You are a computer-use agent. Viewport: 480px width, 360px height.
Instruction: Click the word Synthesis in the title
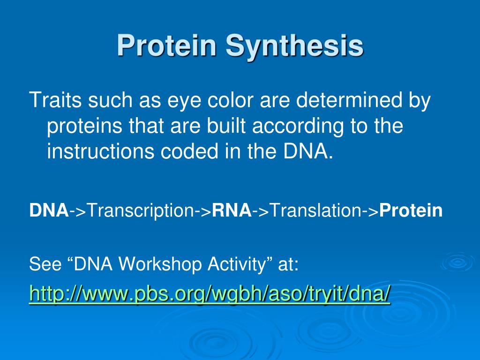coord(294,46)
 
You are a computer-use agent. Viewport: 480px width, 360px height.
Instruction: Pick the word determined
coord(348,100)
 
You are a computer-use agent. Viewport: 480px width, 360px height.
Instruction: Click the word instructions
coord(100,151)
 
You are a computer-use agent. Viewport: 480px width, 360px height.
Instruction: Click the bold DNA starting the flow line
coord(49,210)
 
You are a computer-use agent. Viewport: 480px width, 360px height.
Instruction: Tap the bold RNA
coord(232,210)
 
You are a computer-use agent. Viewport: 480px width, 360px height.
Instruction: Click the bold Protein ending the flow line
coord(411,210)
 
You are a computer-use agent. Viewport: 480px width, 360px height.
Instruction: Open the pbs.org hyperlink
coord(210,294)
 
